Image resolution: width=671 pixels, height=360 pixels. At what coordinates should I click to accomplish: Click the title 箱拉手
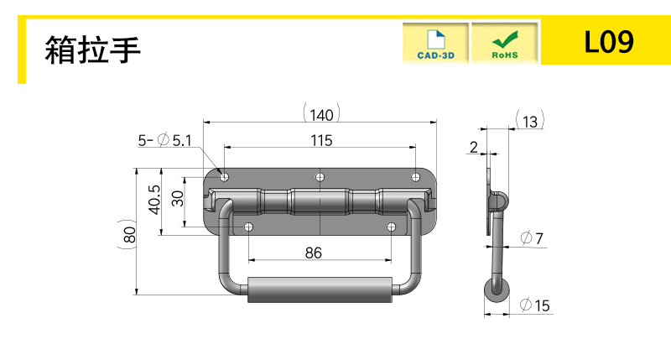point(92,50)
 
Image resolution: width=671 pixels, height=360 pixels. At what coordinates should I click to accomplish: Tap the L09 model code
point(609,42)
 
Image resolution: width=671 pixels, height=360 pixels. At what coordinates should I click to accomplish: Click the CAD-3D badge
point(435,44)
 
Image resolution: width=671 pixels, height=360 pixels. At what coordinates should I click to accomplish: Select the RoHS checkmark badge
point(505,44)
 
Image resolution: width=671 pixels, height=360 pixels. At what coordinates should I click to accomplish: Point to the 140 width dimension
point(321,115)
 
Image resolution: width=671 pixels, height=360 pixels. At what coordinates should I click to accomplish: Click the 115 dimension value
point(321,140)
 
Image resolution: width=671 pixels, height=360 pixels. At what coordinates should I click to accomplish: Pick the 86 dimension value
point(314,253)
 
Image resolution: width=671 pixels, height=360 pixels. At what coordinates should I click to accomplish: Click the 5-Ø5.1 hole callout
point(164,140)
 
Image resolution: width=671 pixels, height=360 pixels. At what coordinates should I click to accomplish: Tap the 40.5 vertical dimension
point(154,200)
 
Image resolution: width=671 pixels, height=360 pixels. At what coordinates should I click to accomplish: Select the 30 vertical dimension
point(177,198)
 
